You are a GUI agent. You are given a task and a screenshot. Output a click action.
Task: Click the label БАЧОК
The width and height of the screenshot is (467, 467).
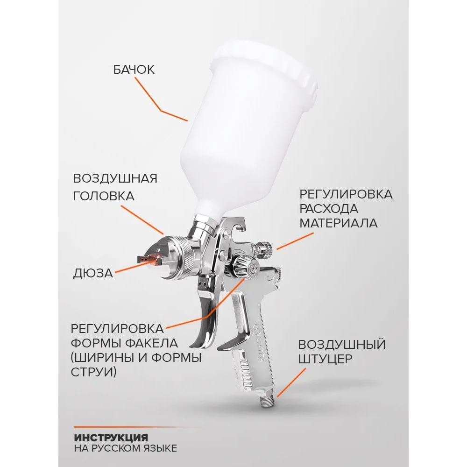(x=134, y=70)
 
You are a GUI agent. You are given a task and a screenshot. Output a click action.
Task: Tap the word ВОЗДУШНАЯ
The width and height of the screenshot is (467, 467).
(x=115, y=178)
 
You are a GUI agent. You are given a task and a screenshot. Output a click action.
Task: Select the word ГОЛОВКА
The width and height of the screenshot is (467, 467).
(x=104, y=196)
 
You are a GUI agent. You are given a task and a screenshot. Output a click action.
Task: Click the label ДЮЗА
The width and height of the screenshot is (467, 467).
(x=93, y=273)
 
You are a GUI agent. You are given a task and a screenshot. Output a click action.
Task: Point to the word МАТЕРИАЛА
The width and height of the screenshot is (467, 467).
(x=338, y=223)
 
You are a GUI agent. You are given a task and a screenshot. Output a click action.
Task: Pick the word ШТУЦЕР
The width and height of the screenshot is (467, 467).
(x=325, y=359)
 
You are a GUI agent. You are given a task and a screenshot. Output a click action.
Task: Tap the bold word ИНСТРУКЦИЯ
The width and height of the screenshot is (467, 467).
(x=111, y=438)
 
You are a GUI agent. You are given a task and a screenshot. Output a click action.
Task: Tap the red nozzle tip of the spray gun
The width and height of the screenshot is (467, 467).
(x=151, y=259)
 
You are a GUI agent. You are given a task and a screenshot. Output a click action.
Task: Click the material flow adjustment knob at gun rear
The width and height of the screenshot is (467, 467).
(x=264, y=249)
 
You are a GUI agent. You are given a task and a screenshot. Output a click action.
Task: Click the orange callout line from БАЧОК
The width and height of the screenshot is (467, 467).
(x=161, y=110)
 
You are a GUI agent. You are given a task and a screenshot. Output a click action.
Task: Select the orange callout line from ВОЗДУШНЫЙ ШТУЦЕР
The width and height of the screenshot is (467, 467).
(x=291, y=383)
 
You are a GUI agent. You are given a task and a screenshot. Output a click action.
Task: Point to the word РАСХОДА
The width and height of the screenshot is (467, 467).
(x=328, y=209)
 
